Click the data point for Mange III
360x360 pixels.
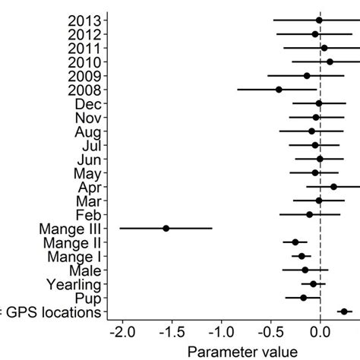(x=166, y=228)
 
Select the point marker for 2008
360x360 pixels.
(x=279, y=90)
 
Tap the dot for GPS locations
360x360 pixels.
(x=344, y=311)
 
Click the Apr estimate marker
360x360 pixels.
(x=333, y=186)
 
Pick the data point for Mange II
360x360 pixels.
(x=295, y=242)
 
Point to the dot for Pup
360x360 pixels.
(x=303, y=298)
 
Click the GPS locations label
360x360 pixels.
(x=50, y=312)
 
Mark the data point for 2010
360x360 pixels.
(x=330, y=62)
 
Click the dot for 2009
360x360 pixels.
(x=307, y=75)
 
